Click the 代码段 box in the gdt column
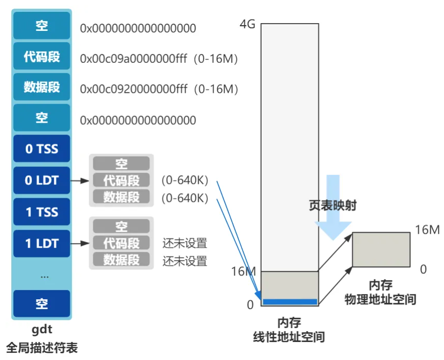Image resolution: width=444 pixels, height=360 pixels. click(42, 57)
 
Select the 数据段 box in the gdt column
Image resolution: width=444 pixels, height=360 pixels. click(42, 87)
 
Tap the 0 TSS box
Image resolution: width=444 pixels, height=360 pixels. click(42, 149)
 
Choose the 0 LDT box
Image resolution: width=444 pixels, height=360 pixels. click(42, 181)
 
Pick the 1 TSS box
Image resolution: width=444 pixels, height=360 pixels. click(42, 212)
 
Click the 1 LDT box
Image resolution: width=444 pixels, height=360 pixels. click(42, 243)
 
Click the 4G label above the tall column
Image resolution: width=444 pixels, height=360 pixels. click(247, 24)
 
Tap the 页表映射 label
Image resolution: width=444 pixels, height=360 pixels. click(332, 205)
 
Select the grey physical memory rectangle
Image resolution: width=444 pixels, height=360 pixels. click(382, 250)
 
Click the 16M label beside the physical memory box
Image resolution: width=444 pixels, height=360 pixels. click(427, 230)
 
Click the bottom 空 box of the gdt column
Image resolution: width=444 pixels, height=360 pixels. click(42, 303)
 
